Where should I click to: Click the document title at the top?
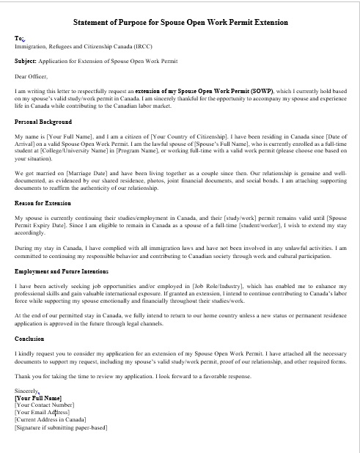[180, 23]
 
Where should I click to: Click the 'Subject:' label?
[27, 61]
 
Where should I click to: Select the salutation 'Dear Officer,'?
[31, 75]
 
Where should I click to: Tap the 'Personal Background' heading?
[43, 120]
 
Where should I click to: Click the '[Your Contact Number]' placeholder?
[44, 405]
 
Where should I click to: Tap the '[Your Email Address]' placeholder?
[42, 412]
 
